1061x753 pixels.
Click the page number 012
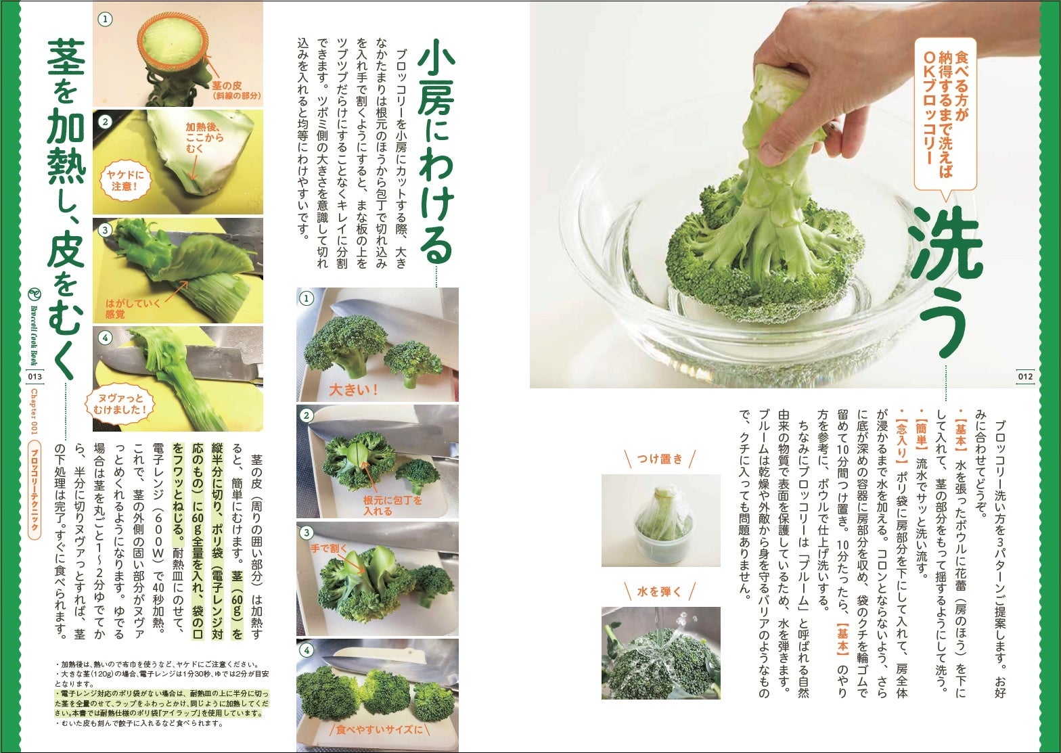pyautogui.click(x=1025, y=376)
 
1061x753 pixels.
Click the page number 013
pyautogui.click(x=35, y=376)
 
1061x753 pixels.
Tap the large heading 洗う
pyautogui.click(x=942, y=283)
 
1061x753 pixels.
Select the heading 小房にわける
pyautogui.click(x=435, y=157)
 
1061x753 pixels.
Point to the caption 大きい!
pyautogui.click(x=353, y=390)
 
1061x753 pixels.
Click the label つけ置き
pyautogui.click(x=660, y=459)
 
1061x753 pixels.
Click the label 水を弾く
pyautogui.click(x=660, y=591)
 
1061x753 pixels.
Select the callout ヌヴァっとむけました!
pyautogui.click(x=119, y=404)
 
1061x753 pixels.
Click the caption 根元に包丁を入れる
pyautogui.click(x=392, y=505)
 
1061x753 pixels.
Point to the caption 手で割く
pyautogui.click(x=329, y=549)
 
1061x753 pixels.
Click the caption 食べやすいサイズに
pyautogui.click(x=379, y=729)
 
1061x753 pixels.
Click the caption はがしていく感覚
pyautogui.click(x=133, y=309)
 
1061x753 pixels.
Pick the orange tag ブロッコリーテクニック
pyautogui.click(x=34, y=490)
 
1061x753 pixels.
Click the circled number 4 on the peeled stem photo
pyautogui.click(x=105, y=338)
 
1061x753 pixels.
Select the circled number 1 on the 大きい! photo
pyautogui.click(x=307, y=298)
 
